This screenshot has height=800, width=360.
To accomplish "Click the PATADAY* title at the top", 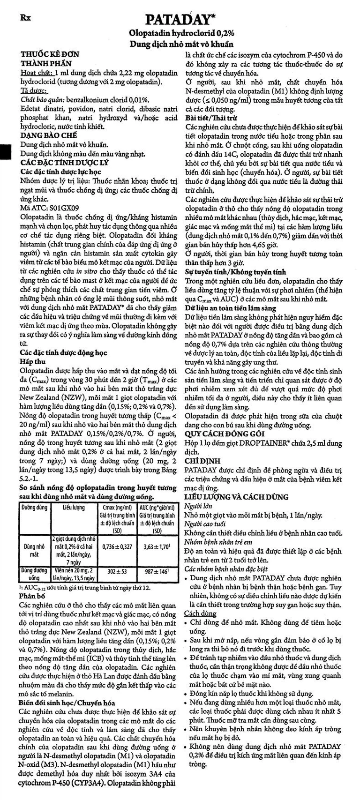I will [180, 19].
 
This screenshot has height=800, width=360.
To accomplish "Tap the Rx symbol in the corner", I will [26, 17].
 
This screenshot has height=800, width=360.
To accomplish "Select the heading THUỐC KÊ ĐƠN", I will [49, 54].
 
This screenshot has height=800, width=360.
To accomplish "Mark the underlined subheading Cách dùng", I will [200, 613].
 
